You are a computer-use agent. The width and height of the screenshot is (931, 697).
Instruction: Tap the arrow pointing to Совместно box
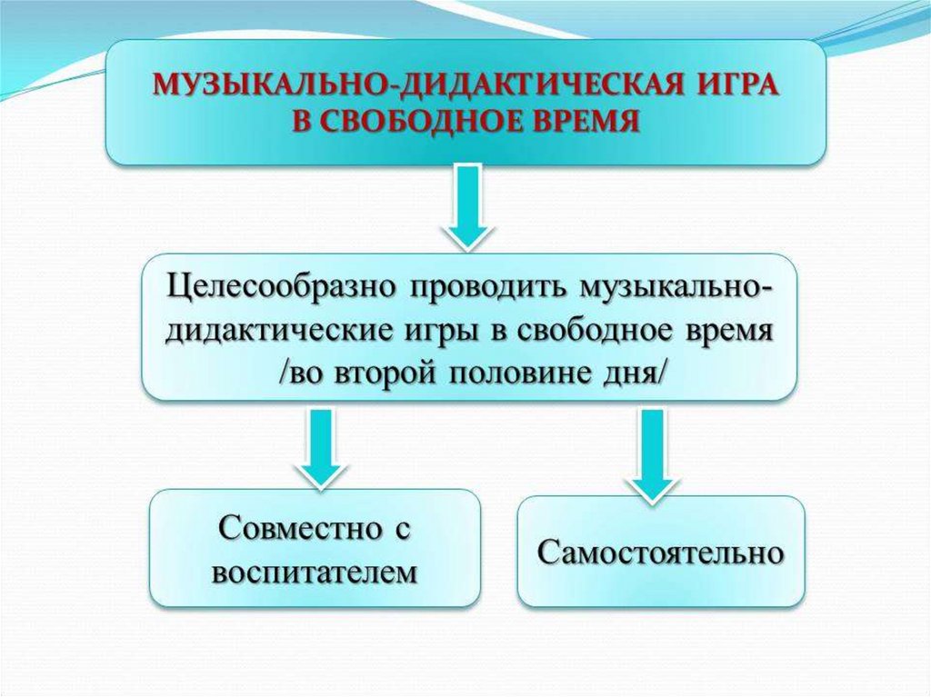click(320, 444)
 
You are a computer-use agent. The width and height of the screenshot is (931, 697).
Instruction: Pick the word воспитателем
click(315, 572)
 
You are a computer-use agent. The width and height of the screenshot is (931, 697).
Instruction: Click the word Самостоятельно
click(660, 552)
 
